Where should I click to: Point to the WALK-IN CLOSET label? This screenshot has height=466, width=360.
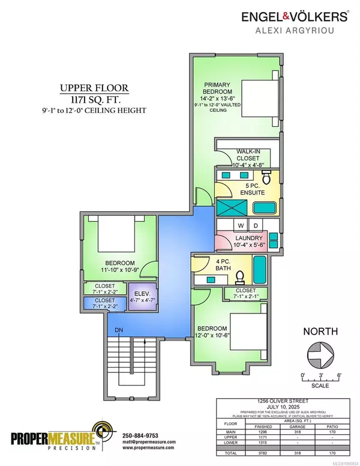tap(240, 157)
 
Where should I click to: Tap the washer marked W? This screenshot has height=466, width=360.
tap(225, 226)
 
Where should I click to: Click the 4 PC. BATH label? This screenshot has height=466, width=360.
tap(211, 265)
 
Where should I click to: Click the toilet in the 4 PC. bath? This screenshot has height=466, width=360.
tap(241, 276)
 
